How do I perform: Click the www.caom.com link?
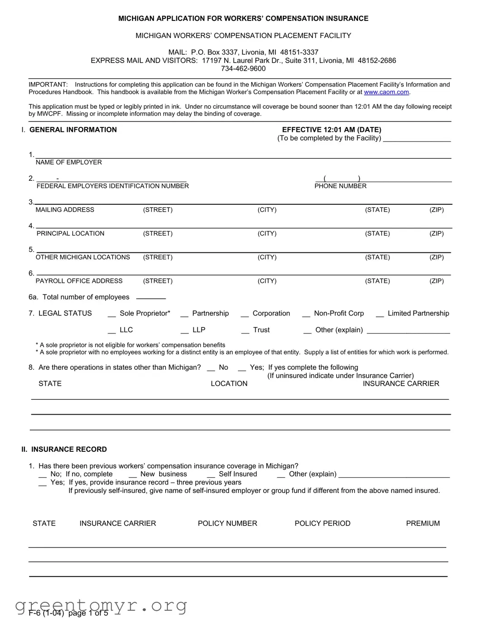(386, 92)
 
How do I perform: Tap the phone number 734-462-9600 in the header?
(243, 68)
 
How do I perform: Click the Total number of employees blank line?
(151, 298)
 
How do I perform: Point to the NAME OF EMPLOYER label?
(69, 162)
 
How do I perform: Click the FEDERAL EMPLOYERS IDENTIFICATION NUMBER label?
(113, 186)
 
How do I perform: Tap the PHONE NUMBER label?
(340, 186)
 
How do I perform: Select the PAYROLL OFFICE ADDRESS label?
(79, 281)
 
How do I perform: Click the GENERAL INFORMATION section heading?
(73, 130)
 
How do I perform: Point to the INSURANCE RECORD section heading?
(69, 449)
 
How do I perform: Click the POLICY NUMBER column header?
(227, 523)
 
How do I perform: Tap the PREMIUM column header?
(423, 523)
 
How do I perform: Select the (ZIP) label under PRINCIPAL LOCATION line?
(437, 233)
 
